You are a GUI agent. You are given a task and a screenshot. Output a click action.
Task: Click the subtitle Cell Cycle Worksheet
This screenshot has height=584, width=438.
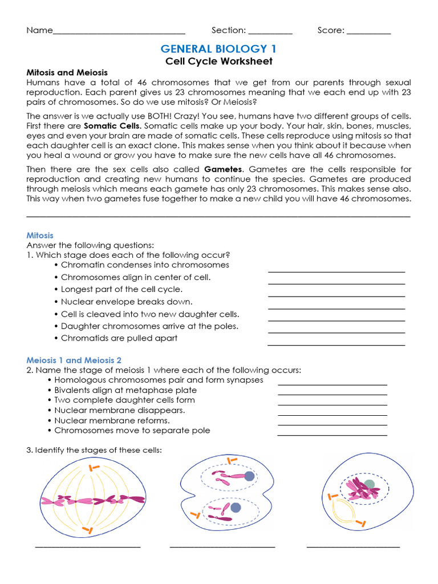coord(219,61)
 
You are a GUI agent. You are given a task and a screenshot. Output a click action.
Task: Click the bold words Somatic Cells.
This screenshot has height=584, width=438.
coord(112,125)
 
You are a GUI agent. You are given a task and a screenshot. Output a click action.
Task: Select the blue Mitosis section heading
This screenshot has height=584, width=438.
coord(40,235)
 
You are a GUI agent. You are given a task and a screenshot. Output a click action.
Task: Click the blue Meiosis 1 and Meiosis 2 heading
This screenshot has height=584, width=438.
coord(74,360)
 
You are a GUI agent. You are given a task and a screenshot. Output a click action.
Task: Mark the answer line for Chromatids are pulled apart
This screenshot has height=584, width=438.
coord(336,344)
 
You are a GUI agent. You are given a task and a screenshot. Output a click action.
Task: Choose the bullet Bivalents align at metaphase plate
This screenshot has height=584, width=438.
coord(125,390)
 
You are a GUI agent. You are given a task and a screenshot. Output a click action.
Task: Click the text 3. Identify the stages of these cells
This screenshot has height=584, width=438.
coord(94,450)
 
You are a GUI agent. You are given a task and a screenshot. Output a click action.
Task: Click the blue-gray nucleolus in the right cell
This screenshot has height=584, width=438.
coord(370,484)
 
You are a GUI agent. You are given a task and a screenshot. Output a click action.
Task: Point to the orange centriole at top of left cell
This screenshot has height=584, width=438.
coord(92,469)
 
